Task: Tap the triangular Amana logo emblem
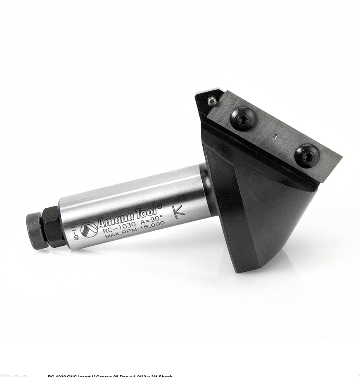[x=89, y=230]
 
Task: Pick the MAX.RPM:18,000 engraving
[x=135, y=230]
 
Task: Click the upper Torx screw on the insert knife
[x=243, y=119]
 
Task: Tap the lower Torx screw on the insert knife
[x=307, y=156]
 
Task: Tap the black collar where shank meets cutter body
[x=206, y=189]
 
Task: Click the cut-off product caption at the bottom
[x=110, y=375]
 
